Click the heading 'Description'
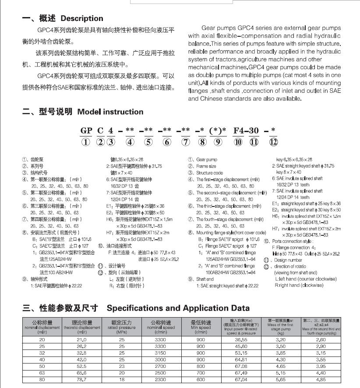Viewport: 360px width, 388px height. (82, 19)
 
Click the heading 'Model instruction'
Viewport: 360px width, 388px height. (110, 112)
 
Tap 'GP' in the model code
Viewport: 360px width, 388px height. (86, 130)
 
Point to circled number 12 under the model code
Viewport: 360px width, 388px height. (273, 141)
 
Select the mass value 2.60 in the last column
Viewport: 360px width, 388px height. (321, 339)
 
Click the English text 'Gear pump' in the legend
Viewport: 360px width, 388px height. (207, 160)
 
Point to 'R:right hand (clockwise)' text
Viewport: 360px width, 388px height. (300, 285)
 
